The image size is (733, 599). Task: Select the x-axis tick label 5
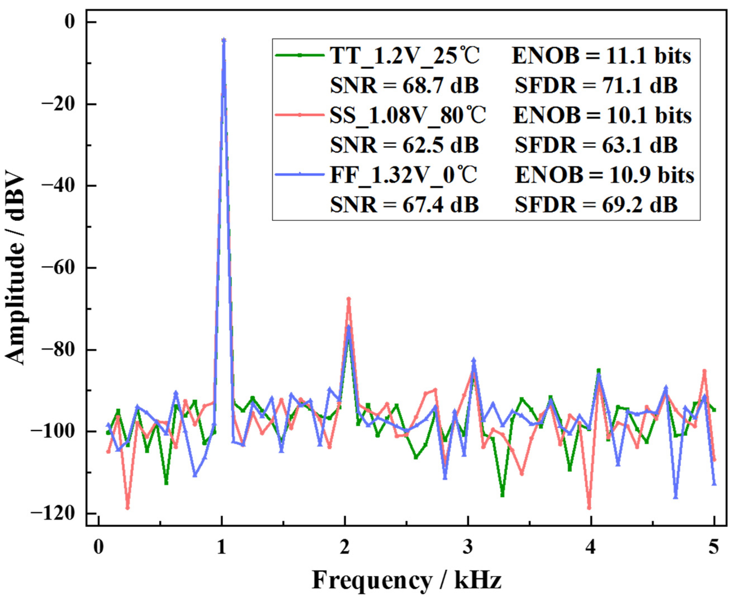(713, 548)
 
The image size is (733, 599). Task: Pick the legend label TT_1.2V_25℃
(405, 56)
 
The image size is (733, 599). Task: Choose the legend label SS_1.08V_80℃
(407, 115)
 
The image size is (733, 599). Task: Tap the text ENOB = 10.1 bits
(602, 115)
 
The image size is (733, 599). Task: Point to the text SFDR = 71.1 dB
(596, 86)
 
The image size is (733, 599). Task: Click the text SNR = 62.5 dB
(404, 145)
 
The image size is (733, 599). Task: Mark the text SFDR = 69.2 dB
(596, 205)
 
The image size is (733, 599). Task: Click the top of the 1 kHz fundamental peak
(224, 40)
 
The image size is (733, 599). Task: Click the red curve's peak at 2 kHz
(348, 298)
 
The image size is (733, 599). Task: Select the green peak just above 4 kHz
(599, 370)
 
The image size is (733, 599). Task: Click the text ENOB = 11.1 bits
(601, 56)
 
